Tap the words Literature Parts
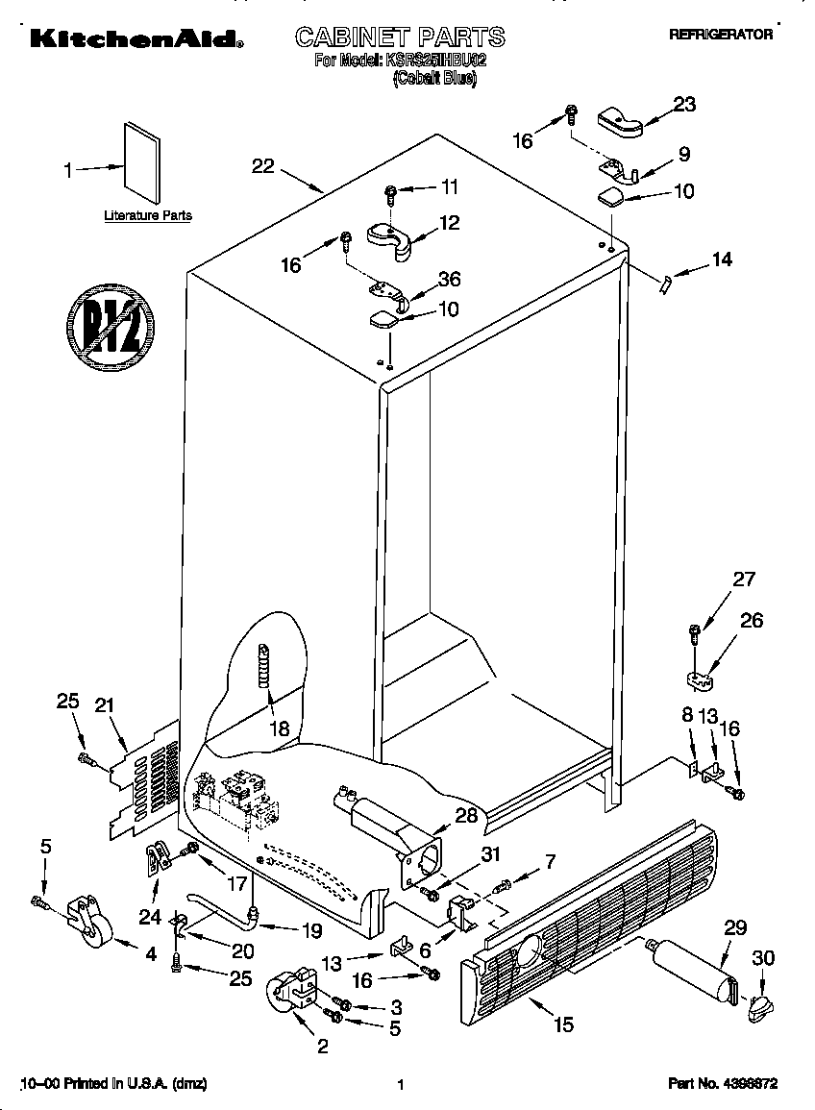pyautogui.click(x=147, y=216)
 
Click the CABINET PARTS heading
pyautogui.click(x=399, y=37)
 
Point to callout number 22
pyautogui.click(x=262, y=165)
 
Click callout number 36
pyautogui.click(x=448, y=280)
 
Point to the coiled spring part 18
pyautogui.click(x=263, y=666)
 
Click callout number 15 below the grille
pyautogui.click(x=563, y=1025)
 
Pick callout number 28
pyautogui.click(x=465, y=817)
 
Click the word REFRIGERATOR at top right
pyautogui.click(x=720, y=34)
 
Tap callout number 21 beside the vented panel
pyautogui.click(x=105, y=705)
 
